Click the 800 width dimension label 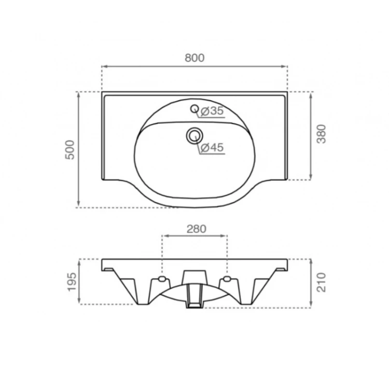click(195, 58)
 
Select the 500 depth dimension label click(70, 150)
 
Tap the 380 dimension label click(322, 134)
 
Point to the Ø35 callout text click(212, 111)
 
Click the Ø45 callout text click(212, 148)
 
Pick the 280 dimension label click(196, 229)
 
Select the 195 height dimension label click(72, 282)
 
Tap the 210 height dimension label click(322, 282)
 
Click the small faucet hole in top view click(195, 109)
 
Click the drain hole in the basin click(195, 135)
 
